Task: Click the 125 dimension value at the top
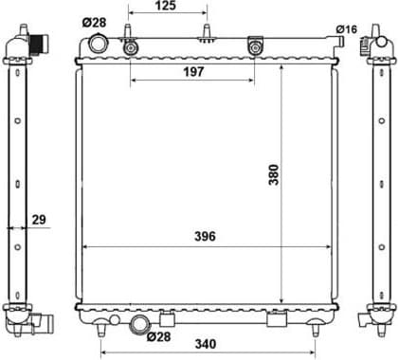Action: pos(167,8)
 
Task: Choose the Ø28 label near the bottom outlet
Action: pos(163,336)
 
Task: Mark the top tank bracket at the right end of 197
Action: pos(254,45)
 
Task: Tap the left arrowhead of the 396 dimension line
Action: pos(86,246)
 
